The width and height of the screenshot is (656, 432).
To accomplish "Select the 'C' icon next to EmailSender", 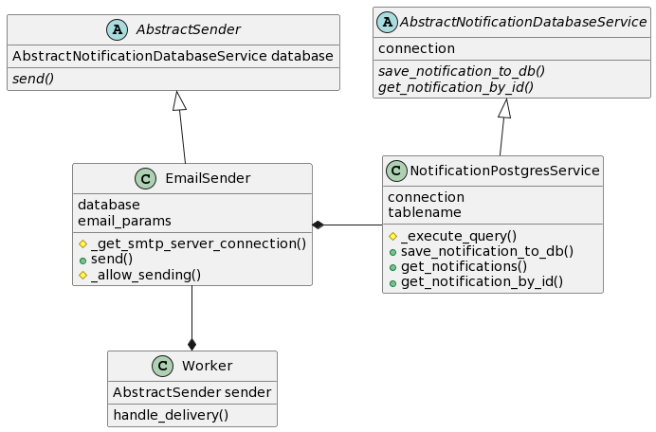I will [x=145, y=178].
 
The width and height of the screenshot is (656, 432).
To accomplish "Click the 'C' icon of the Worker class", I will [x=162, y=366].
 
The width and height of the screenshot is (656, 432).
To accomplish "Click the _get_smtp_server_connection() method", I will [x=198, y=243].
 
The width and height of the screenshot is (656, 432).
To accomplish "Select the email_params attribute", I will [x=124, y=221].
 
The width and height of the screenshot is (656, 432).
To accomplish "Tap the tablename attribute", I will [x=424, y=212].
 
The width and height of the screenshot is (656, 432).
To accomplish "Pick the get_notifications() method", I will [x=464, y=266].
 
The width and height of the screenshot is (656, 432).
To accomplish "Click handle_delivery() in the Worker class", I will [x=171, y=414].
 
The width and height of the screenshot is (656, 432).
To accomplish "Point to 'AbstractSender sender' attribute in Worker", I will [x=191, y=392].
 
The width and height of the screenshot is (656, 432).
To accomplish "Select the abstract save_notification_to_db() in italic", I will [x=462, y=71].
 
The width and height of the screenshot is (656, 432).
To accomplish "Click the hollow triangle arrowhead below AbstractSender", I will [x=179, y=100].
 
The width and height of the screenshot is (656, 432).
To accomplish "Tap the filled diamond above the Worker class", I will [x=191, y=344].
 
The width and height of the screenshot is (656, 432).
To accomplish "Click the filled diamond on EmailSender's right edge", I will [x=319, y=225].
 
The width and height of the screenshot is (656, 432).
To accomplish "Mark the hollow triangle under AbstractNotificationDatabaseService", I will [x=505, y=108].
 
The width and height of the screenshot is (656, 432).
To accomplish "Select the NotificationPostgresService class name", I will [x=505, y=171].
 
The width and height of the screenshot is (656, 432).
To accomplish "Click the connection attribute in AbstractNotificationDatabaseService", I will [x=416, y=48].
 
